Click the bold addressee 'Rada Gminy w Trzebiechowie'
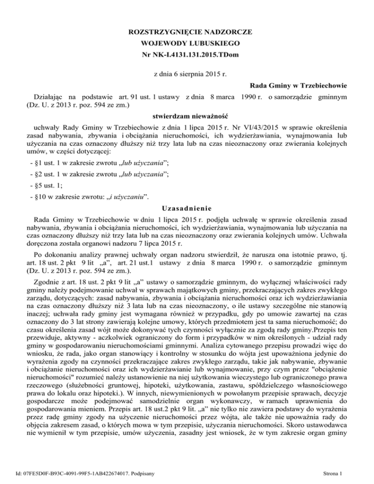click(289, 85)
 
